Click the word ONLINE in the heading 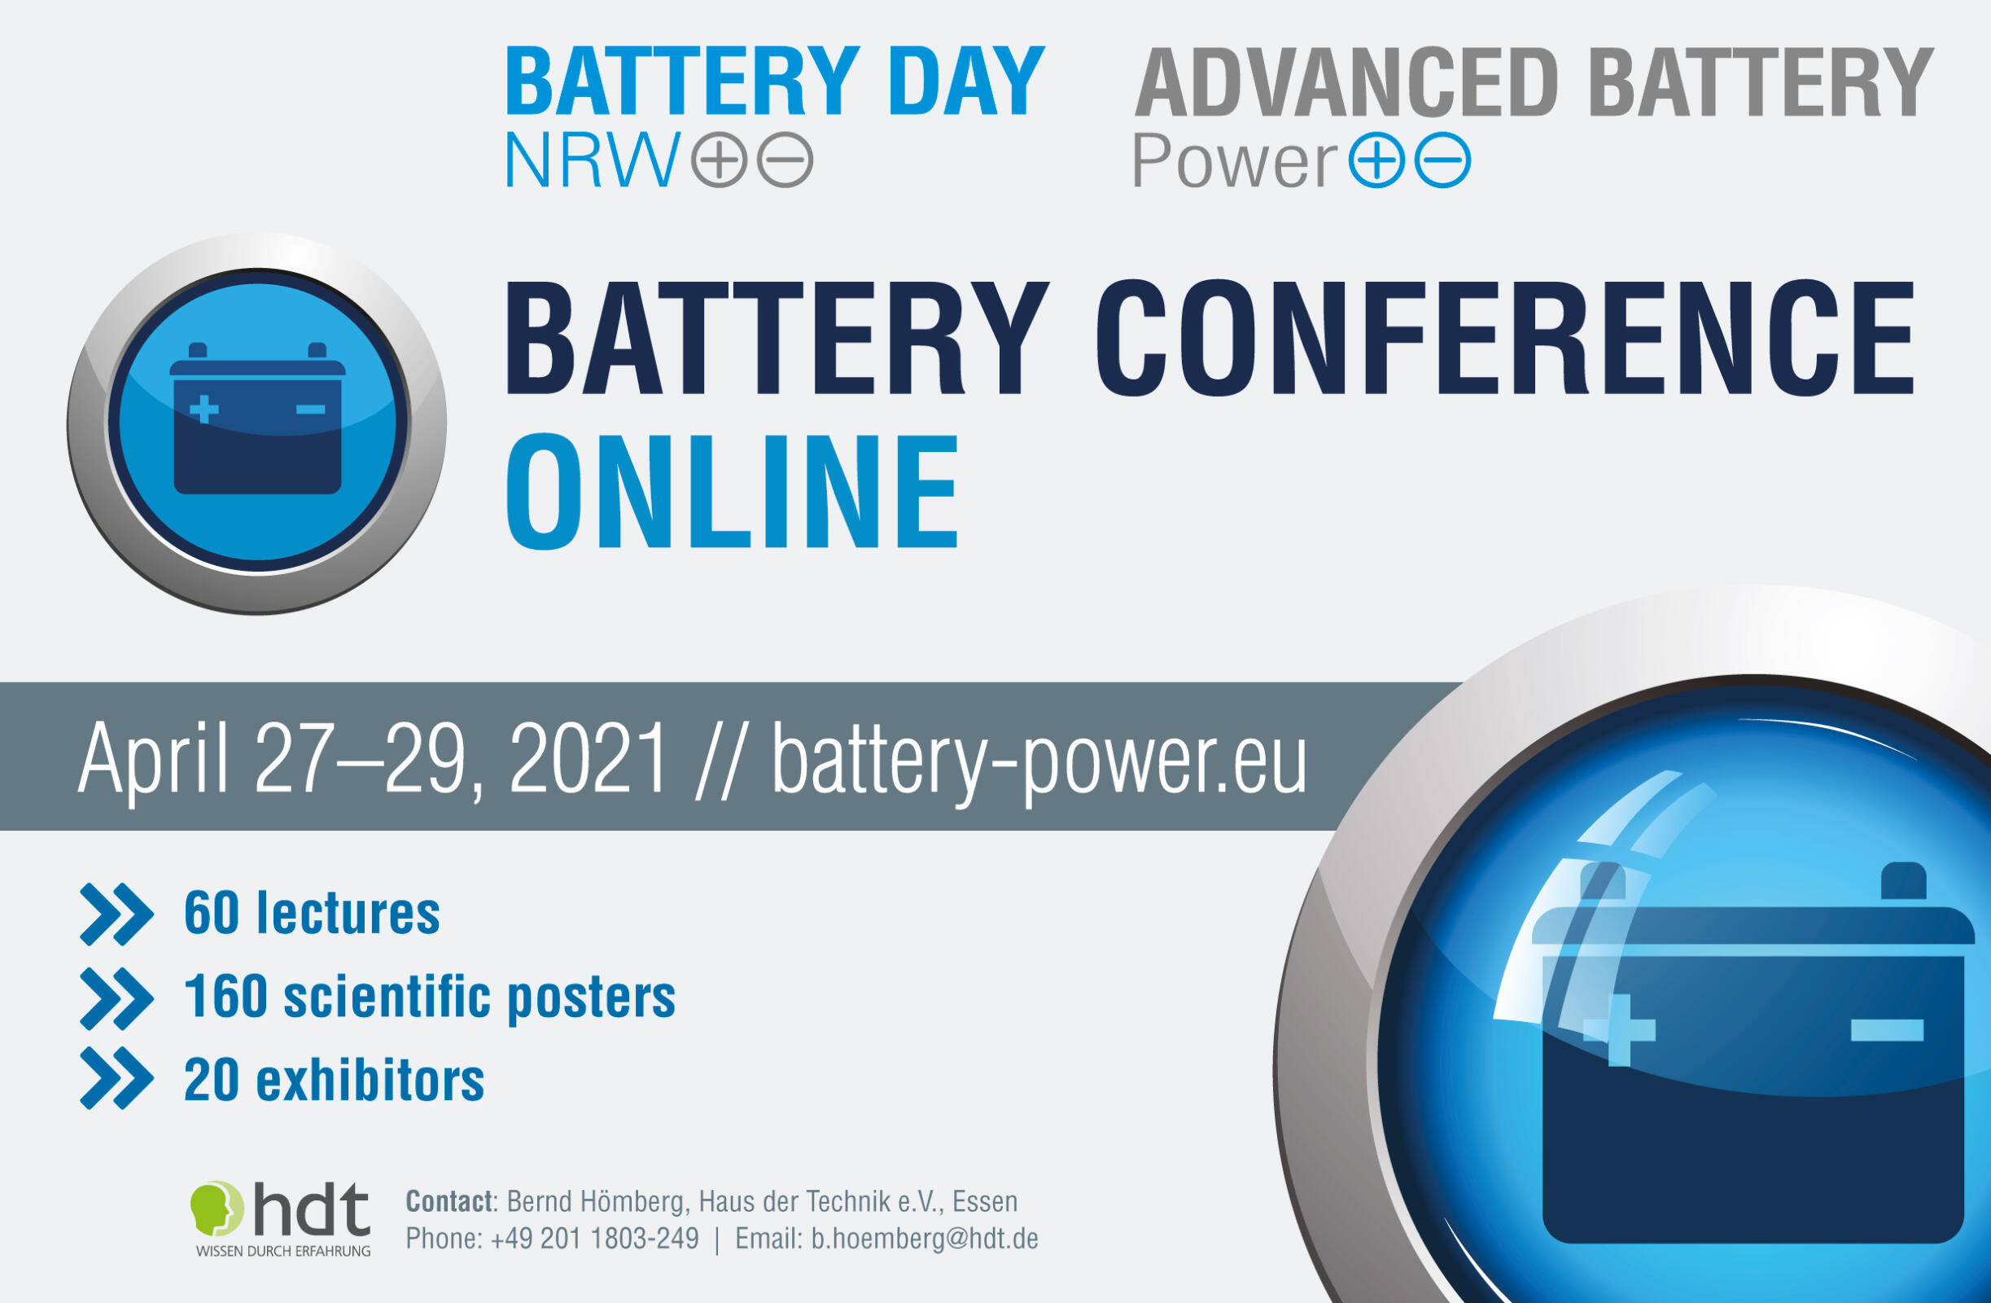(x=732, y=491)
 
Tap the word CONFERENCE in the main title (x=1504, y=338)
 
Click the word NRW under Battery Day (x=593, y=160)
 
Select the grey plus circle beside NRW (x=719, y=159)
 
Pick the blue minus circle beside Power (x=1442, y=159)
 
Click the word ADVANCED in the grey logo (x=1346, y=83)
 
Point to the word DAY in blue (x=966, y=82)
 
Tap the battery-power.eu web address (x=1038, y=758)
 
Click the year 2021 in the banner (x=588, y=758)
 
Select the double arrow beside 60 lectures (x=116, y=914)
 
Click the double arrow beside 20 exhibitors (x=116, y=1078)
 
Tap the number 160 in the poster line (x=225, y=997)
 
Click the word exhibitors (x=370, y=1080)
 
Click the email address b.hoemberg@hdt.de (x=925, y=1239)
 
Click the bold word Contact (x=449, y=1202)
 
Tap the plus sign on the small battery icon (x=204, y=410)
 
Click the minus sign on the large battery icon (x=1887, y=1030)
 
